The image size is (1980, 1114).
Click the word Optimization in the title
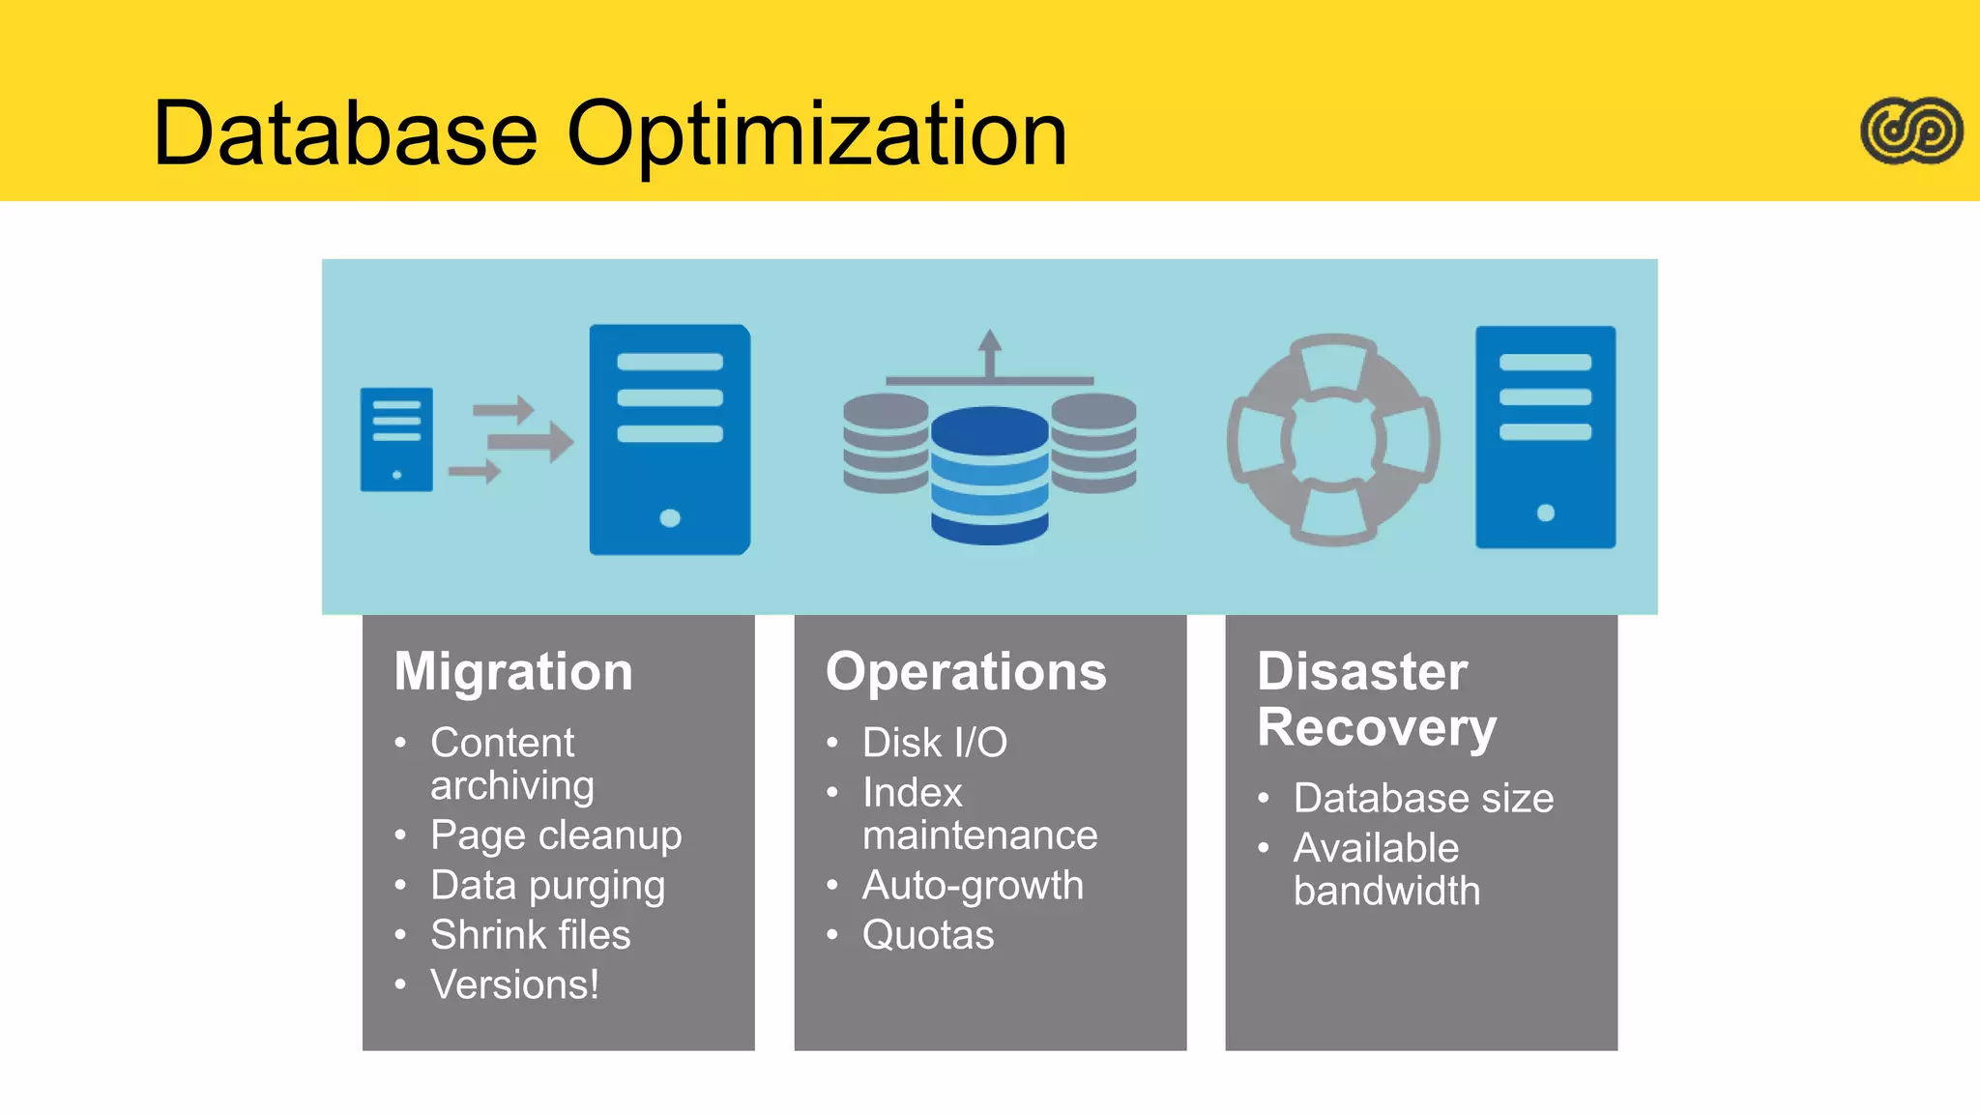click(x=817, y=135)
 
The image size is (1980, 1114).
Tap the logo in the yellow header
click(x=1911, y=131)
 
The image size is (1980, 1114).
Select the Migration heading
click(x=513, y=671)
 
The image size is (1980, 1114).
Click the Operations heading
click(x=966, y=671)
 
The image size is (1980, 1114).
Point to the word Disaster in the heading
click(x=1361, y=671)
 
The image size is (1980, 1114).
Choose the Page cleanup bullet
click(x=556, y=835)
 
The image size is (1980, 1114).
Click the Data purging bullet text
click(x=547, y=886)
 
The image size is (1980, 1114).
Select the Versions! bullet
click(x=514, y=985)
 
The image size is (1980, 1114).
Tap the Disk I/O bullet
click(x=934, y=743)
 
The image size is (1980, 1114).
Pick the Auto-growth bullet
click(x=973, y=886)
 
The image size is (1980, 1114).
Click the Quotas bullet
click(x=928, y=935)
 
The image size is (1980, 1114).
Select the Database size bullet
click(x=1423, y=799)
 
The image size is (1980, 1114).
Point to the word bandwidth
click(x=1386, y=891)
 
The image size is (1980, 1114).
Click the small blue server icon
click(x=396, y=440)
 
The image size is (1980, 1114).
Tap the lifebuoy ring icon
click(x=1333, y=440)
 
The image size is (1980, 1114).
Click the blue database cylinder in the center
click(x=989, y=474)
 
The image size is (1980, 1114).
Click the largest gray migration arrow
click(x=530, y=442)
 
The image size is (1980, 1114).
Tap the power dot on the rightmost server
click(x=1545, y=513)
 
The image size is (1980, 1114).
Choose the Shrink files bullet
click(x=530, y=935)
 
